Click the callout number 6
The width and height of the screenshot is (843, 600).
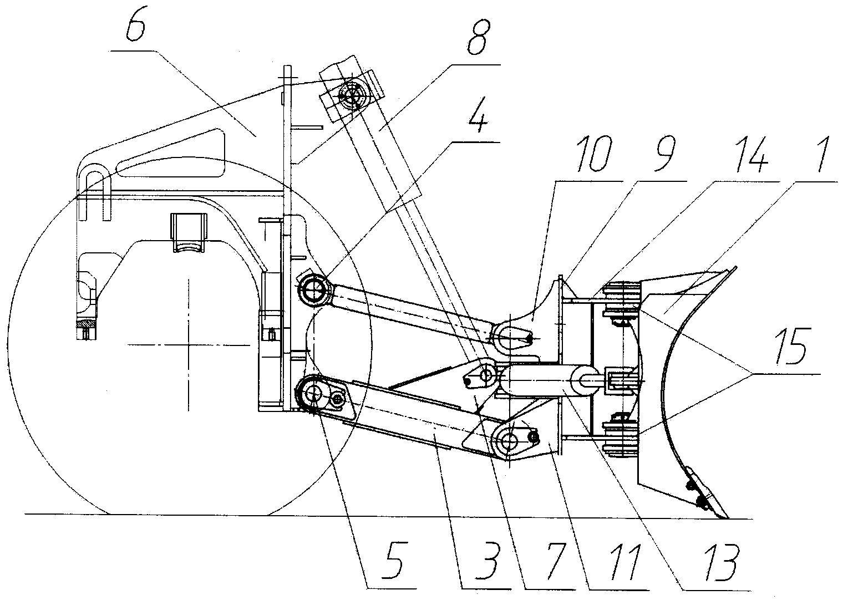(135, 24)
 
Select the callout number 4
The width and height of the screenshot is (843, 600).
(478, 115)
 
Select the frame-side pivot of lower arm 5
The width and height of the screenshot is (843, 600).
(312, 394)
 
